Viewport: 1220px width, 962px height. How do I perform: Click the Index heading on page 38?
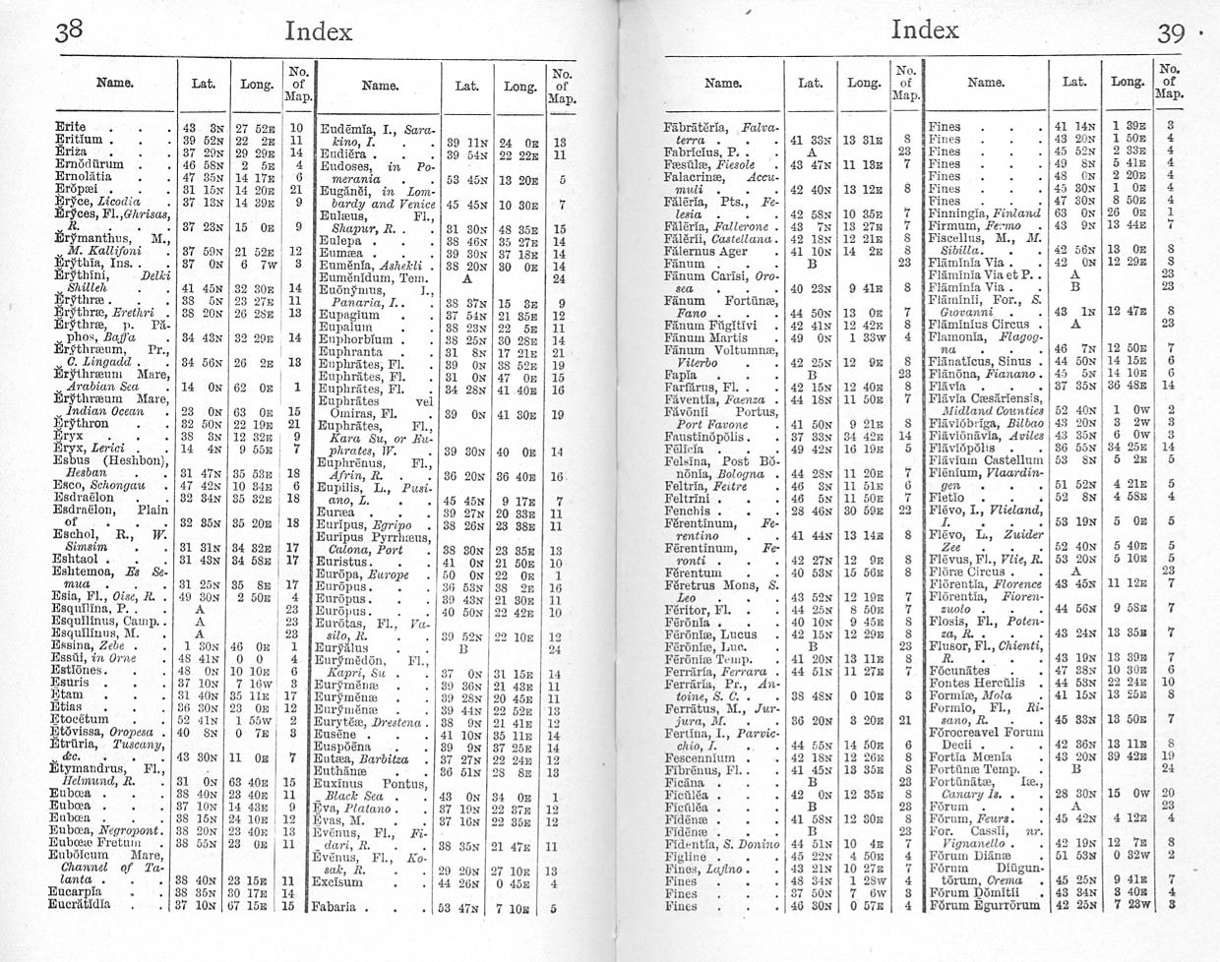coord(317,31)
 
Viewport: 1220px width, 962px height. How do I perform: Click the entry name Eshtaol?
coord(80,560)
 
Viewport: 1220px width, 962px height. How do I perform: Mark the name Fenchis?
coord(687,511)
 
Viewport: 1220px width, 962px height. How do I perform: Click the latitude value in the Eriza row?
coord(194,151)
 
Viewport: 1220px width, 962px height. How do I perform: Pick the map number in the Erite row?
coord(295,127)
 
